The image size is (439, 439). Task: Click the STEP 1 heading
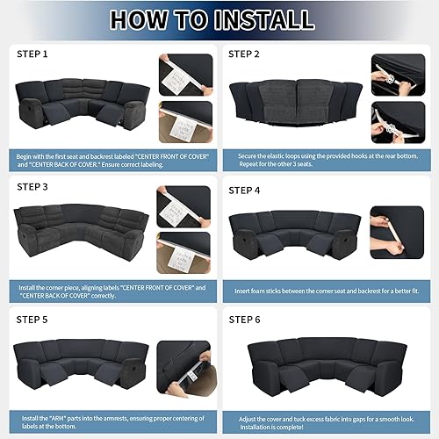pyautogui.click(x=33, y=54)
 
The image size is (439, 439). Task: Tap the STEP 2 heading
pyautogui.click(x=245, y=54)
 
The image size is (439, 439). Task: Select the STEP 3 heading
pyautogui.click(x=33, y=186)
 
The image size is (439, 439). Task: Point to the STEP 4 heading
pyautogui.click(x=245, y=190)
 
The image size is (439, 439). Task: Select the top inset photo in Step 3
pyautogui.click(x=184, y=207)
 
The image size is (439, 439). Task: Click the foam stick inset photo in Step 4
pyautogui.click(x=396, y=231)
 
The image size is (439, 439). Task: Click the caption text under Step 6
pyautogui.click(x=325, y=420)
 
